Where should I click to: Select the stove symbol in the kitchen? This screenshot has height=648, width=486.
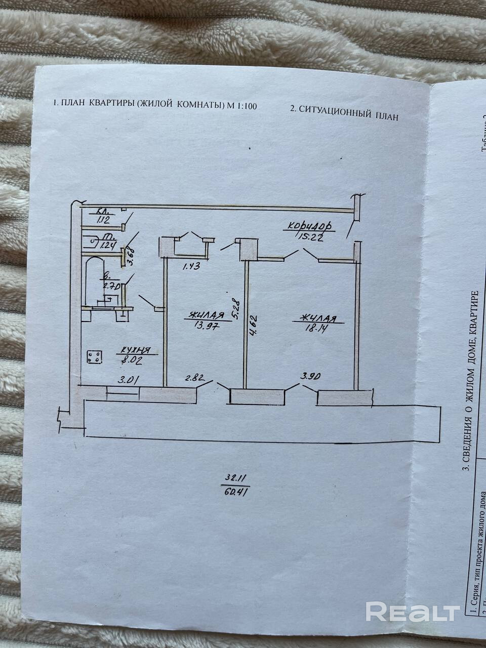[95, 357]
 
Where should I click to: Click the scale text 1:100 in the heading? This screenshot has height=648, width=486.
[247, 106]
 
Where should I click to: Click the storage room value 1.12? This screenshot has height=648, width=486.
[103, 219]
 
